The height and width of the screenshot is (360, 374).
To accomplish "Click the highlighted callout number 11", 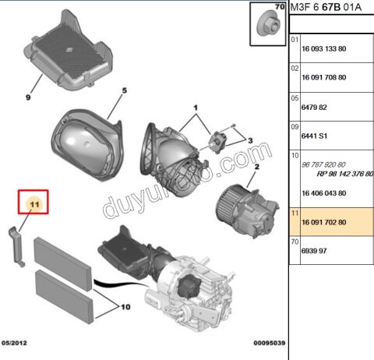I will pos(34,205).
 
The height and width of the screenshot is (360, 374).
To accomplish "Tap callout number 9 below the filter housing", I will pos(27,99).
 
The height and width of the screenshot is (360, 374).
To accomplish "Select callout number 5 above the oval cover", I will pos(123,92).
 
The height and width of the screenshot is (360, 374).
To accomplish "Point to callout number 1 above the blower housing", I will pos(196,106).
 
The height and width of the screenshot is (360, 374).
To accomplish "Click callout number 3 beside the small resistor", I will pos(251,139).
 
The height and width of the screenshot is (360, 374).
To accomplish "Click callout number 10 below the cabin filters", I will pos(124,307).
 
